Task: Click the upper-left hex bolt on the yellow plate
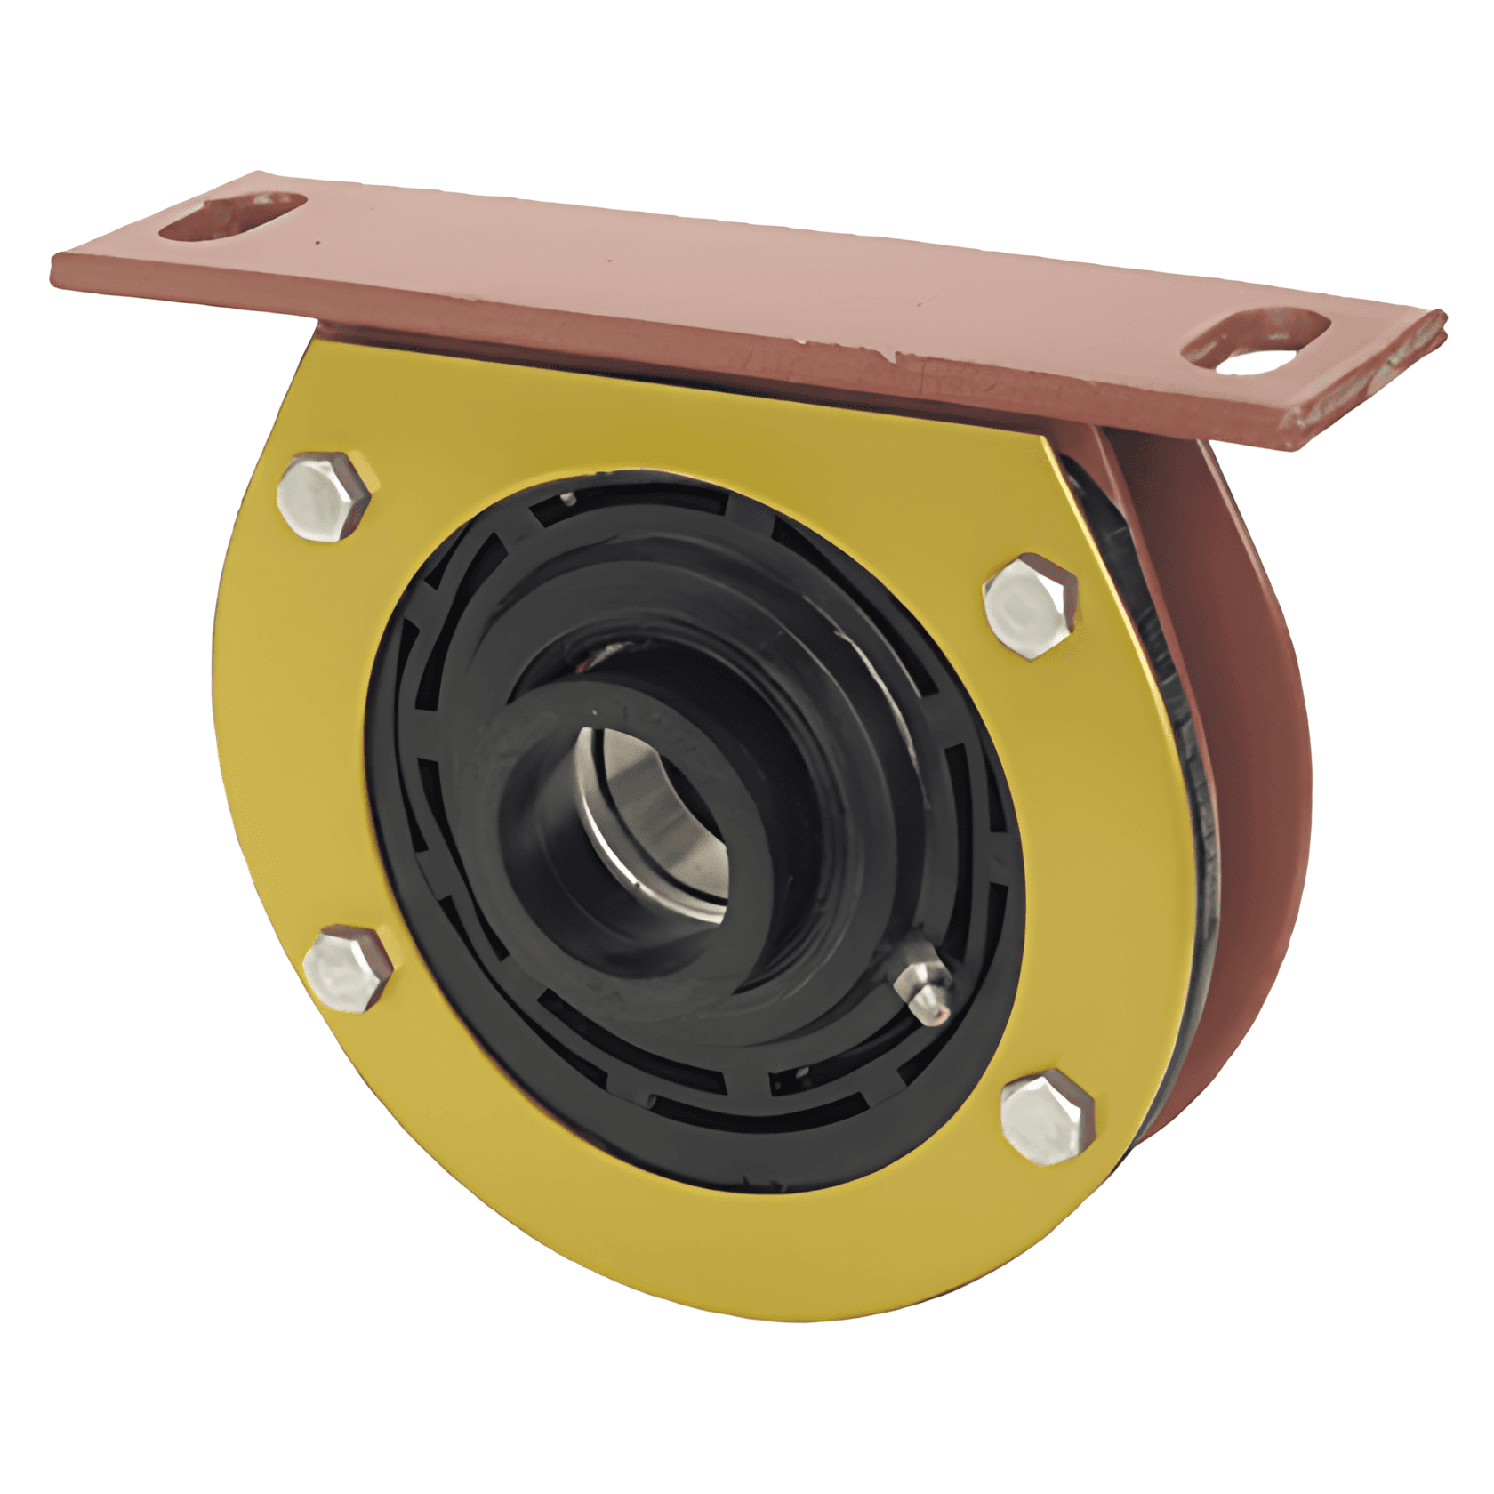coord(323,496)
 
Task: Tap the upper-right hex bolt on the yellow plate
coord(1031,605)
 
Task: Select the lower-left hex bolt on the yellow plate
coord(348,968)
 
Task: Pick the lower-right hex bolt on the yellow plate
coord(1047,1117)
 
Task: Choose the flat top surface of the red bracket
coord(711,267)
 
